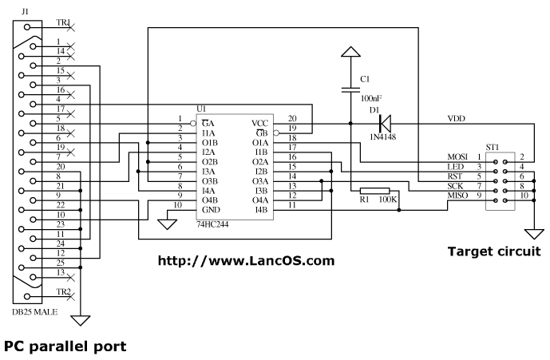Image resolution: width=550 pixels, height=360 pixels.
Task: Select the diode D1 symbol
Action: [x=385, y=123]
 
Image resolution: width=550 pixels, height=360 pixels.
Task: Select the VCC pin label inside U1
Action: [x=260, y=123]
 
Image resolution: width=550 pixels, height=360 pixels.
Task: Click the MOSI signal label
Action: [x=458, y=156]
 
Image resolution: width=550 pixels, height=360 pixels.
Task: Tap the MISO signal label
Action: [x=458, y=195]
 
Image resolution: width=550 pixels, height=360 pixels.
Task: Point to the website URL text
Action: [x=246, y=260]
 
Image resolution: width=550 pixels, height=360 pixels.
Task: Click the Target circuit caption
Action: [x=493, y=251]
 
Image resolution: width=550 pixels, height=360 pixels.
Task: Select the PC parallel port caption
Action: [x=65, y=347]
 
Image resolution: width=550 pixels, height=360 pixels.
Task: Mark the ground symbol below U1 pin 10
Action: [x=167, y=224]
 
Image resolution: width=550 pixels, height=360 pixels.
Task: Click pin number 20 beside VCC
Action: [x=292, y=118]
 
